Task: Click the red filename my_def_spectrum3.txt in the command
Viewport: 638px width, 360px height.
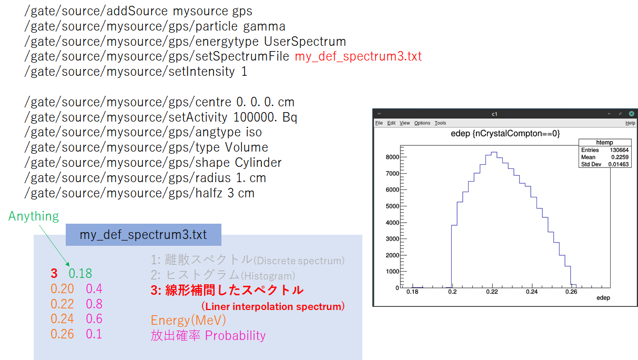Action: pos(358,56)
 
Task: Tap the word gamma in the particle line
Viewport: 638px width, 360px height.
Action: pos(265,26)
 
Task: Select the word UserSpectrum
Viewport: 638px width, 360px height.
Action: pos(305,42)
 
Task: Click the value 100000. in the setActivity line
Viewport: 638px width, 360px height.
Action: pos(255,117)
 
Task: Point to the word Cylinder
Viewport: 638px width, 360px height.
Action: pos(258,163)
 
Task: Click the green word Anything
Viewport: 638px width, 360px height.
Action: pos(34,216)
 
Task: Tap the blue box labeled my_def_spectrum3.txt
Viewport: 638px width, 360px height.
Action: pos(144,235)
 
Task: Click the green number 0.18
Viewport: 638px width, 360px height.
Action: pos(80,274)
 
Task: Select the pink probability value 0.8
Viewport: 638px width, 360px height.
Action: pos(94,304)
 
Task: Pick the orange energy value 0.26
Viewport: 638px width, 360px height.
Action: pos(63,334)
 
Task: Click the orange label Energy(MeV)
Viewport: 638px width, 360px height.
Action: pos(188,321)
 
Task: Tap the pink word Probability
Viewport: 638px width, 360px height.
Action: pos(235,336)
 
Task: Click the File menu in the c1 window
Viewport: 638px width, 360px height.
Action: pos(379,123)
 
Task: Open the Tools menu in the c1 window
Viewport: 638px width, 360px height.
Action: pos(440,123)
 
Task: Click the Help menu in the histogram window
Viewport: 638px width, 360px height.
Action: pos(630,123)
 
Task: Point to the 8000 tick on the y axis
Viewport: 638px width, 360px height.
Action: pos(392,157)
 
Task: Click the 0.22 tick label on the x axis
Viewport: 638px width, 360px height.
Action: pos(492,292)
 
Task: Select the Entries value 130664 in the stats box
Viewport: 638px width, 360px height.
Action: pos(619,150)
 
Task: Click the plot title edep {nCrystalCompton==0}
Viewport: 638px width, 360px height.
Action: pos(505,133)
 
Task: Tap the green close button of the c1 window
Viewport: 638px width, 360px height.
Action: pos(632,114)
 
